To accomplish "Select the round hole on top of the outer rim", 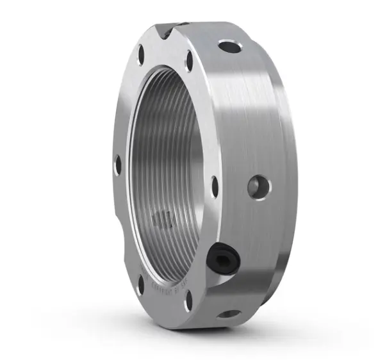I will (230, 46).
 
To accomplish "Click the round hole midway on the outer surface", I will (260, 186).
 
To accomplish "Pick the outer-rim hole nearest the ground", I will (229, 314).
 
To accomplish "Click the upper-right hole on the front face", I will (190, 61).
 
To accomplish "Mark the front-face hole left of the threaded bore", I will (118, 165).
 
